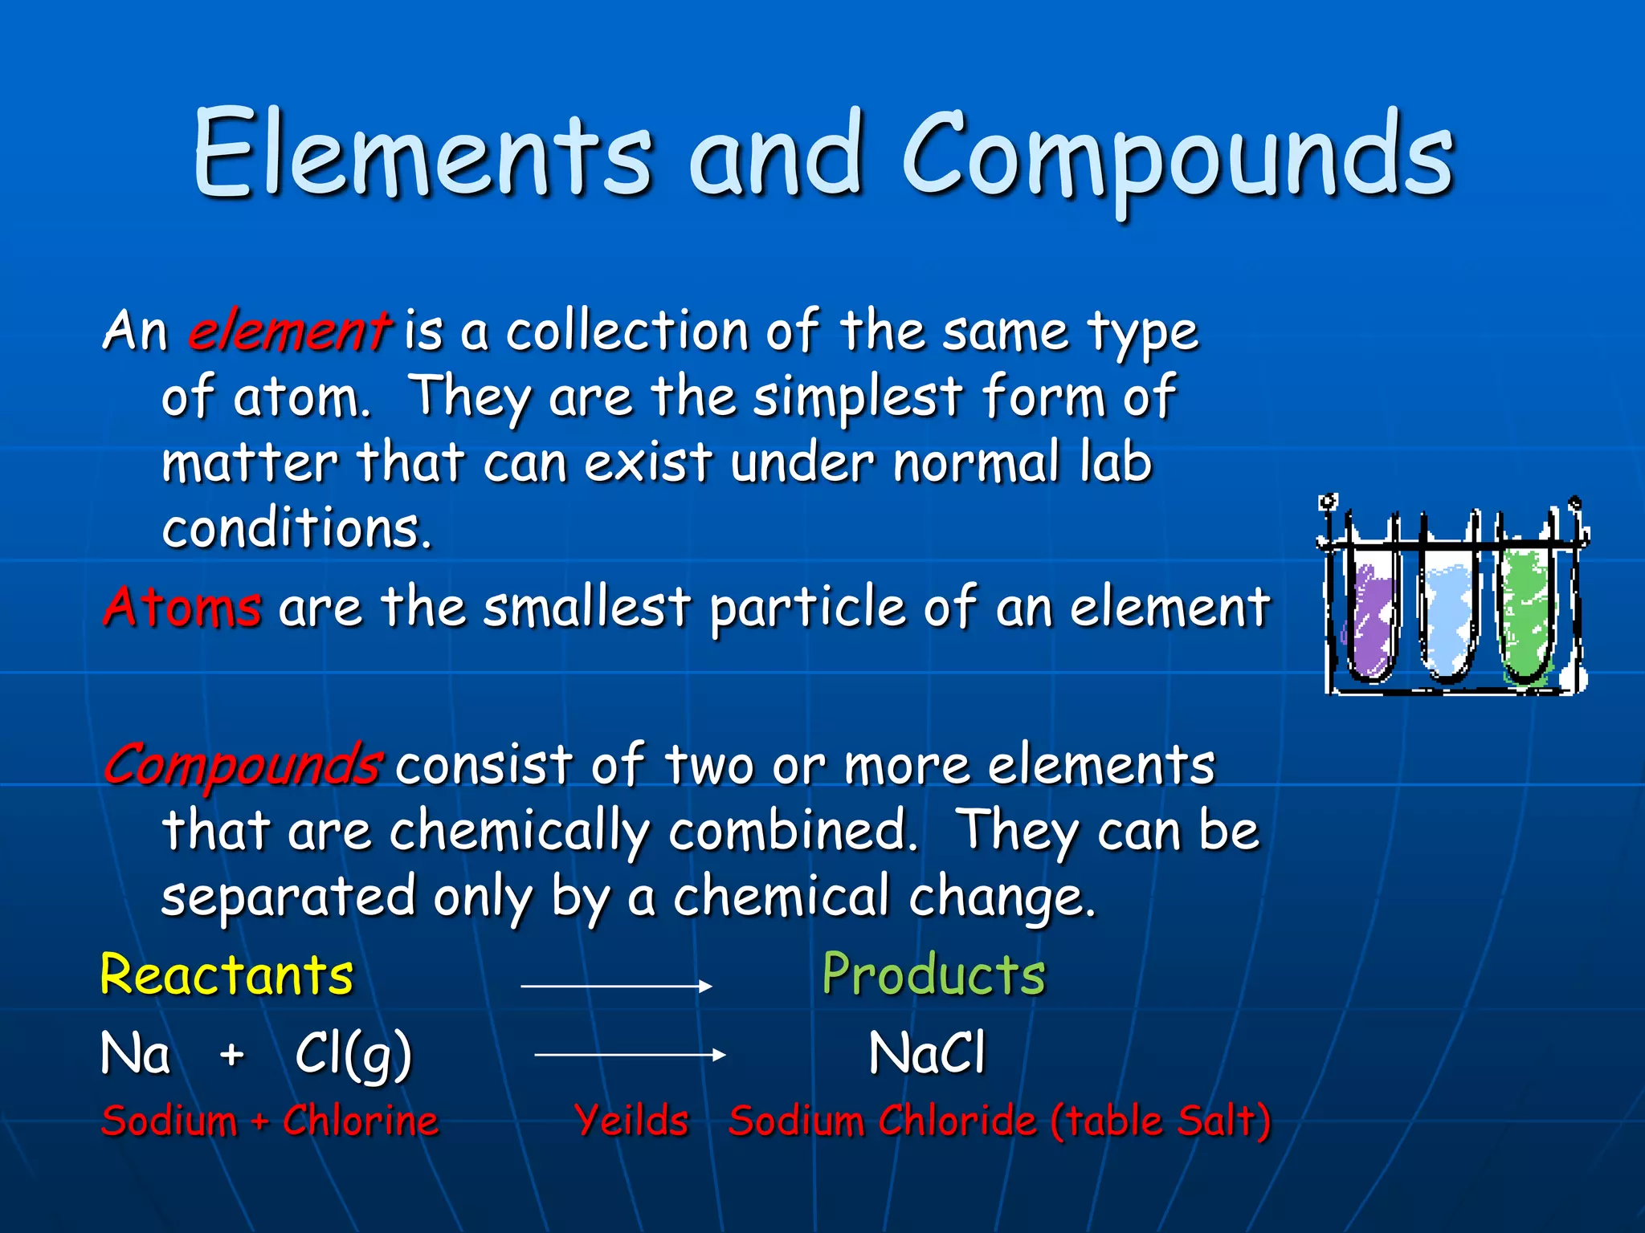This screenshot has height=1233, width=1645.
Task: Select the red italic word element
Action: coord(289,331)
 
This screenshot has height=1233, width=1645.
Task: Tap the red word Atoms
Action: coord(182,607)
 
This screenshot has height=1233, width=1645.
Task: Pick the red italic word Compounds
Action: coord(241,765)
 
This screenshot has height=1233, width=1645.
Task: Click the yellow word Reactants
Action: coord(227,975)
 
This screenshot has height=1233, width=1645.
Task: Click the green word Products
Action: coord(933,975)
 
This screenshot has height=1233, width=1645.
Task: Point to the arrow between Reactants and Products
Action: coord(616,985)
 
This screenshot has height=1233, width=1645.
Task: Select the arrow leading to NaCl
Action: coord(630,1055)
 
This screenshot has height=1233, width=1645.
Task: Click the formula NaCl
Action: coord(926,1053)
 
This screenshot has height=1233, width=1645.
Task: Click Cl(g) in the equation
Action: coord(353,1055)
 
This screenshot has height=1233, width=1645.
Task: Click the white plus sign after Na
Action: coord(232,1055)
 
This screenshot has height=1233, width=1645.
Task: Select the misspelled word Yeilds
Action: coord(632,1121)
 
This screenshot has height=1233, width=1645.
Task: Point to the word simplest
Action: coord(857,397)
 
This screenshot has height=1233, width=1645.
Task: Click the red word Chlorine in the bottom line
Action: coord(360,1121)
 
